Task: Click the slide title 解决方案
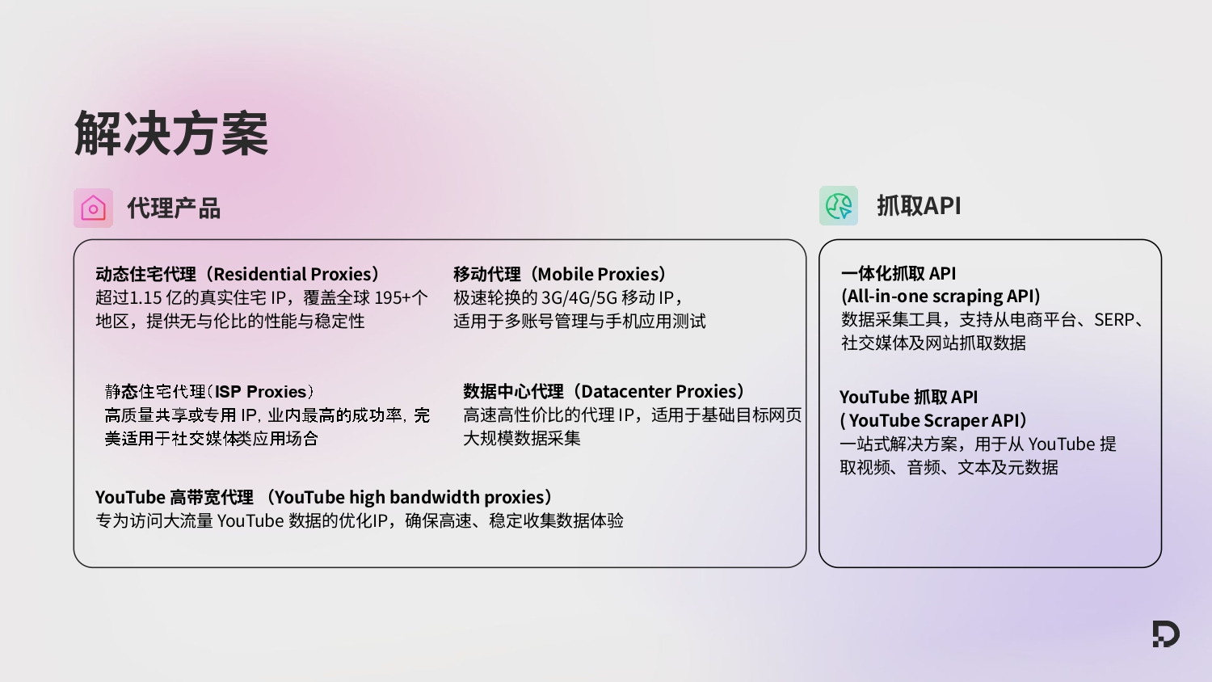tap(171, 133)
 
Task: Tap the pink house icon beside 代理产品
tap(93, 208)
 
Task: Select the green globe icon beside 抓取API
tap(839, 206)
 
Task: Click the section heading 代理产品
tap(174, 208)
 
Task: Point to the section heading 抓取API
tap(919, 206)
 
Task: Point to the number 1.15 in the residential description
tap(145, 297)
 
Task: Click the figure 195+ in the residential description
tap(391, 297)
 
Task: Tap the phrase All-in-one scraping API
tap(941, 297)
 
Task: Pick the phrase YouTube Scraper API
tap(934, 420)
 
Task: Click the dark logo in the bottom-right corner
tap(1165, 634)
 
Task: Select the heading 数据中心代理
tap(513, 392)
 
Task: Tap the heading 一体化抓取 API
tap(898, 273)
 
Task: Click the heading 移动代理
tap(486, 274)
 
